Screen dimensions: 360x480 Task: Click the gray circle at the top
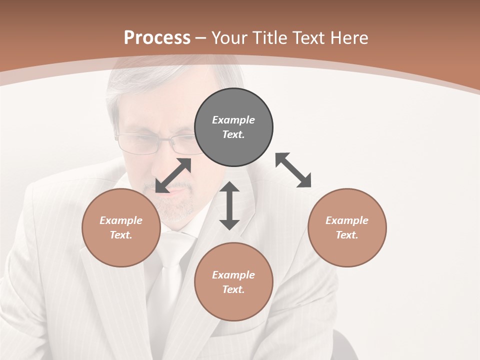233,127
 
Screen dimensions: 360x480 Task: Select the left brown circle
121,228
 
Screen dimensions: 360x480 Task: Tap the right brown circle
347,228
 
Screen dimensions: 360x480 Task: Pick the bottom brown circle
233,282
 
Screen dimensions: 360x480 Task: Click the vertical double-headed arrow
229,206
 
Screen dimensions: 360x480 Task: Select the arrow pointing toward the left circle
173,175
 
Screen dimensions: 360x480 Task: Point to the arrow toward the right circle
293,170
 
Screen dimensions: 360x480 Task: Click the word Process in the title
157,37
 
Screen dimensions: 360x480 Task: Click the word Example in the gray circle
233,120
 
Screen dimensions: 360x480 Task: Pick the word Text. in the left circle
121,235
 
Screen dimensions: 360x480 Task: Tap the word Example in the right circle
347,220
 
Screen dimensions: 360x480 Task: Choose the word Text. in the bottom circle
233,289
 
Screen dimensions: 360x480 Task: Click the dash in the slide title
201,38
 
